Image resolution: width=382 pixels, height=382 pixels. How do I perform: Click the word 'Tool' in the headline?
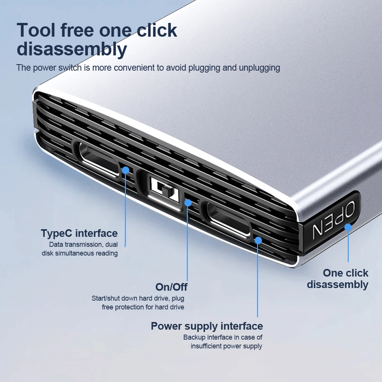37,30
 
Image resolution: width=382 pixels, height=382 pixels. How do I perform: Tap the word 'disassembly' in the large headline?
72,49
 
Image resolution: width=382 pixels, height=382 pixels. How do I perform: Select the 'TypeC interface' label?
79,233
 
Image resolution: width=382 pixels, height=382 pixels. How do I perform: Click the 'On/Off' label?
171,287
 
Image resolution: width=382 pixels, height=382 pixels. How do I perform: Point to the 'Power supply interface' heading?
207,326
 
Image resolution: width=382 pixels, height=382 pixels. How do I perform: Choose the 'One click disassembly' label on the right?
338,278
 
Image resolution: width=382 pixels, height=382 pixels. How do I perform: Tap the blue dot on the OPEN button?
348,227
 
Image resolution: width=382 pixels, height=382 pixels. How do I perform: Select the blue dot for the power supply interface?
258,240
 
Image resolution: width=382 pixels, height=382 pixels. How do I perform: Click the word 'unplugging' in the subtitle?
259,68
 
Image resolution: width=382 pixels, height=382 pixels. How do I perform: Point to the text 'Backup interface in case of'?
223,337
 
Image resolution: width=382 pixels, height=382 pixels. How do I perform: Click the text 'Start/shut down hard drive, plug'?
138,298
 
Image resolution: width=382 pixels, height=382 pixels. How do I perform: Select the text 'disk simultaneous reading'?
79,253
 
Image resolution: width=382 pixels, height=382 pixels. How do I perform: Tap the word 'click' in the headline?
157,30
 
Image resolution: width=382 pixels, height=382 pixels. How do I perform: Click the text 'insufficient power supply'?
227,346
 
